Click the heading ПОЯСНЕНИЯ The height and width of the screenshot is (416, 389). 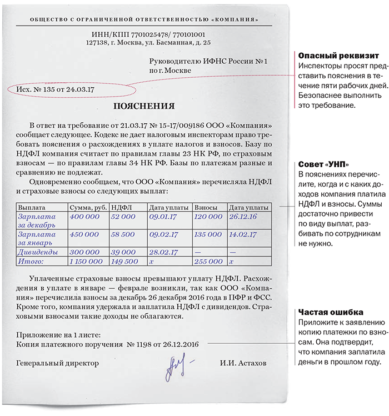pyautogui.click(x=144, y=106)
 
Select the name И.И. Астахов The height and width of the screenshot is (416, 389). pyautogui.click(x=243, y=363)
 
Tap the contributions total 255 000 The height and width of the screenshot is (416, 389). pyautogui.click(x=208, y=261)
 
